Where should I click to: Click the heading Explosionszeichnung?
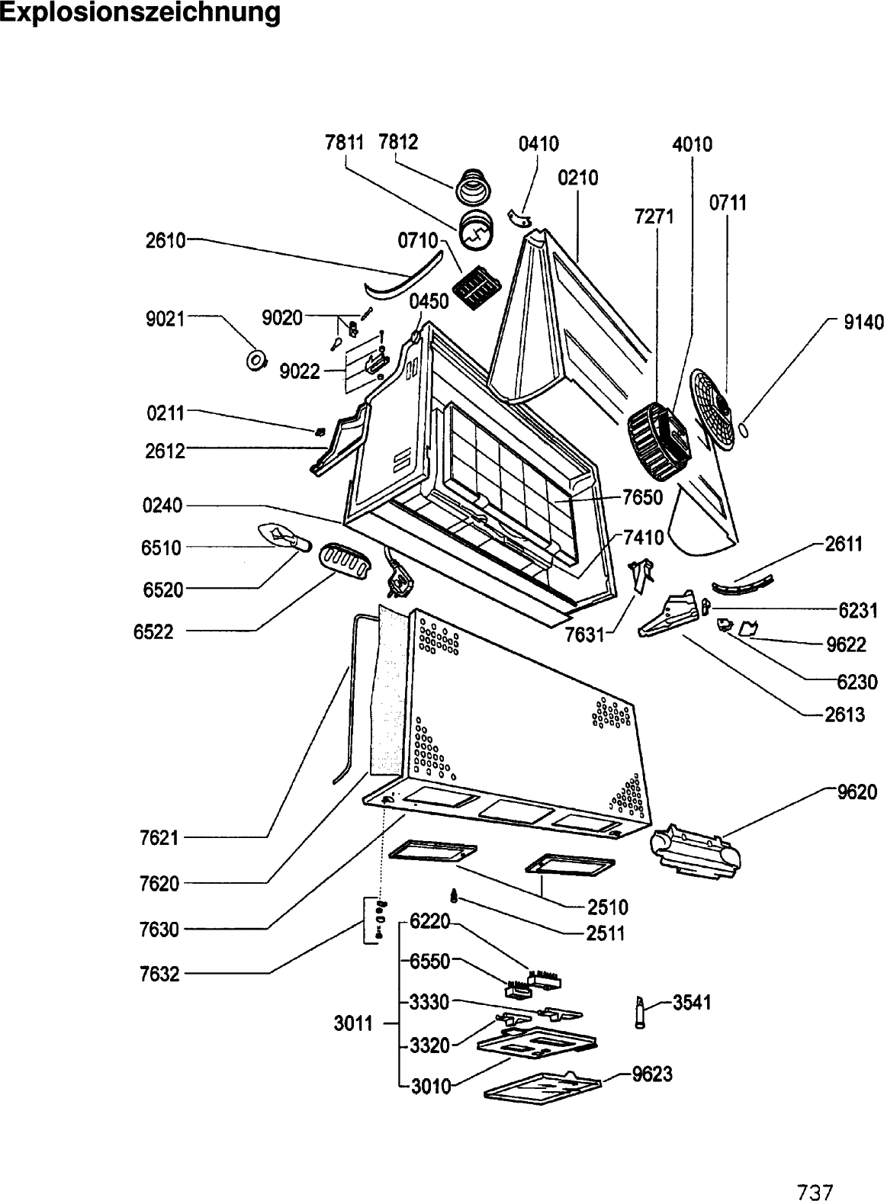coord(140,13)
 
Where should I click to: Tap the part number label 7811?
coord(345,142)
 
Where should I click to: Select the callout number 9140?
coord(863,322)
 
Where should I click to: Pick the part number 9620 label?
coord(857,807)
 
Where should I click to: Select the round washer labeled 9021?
coord(257,359)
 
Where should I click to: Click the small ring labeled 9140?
coord(744,429)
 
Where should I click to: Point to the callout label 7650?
coord(642,497)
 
